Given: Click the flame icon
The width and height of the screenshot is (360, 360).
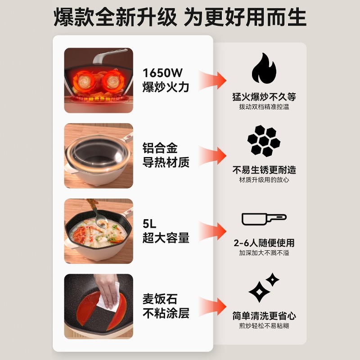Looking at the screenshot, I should point(264,69).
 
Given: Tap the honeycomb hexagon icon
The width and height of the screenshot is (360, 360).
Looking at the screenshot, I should point(264,141).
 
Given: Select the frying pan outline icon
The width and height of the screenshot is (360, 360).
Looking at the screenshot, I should point(264,219).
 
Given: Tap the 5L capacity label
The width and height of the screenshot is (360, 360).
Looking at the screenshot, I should point(149,223).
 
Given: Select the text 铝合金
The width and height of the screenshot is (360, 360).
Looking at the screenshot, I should point(160,148).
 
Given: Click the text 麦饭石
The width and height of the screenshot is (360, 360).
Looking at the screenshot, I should point(160,298).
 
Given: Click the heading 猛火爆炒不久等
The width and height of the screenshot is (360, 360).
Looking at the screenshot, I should point(264,97).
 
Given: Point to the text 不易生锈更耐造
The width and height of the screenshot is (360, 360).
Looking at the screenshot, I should point(264,170).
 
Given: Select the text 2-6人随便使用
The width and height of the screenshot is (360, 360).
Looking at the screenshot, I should point(264,243).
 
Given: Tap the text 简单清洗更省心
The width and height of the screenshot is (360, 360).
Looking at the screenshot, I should point(264,316).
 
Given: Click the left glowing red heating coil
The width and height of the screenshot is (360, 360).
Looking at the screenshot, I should point(85,81).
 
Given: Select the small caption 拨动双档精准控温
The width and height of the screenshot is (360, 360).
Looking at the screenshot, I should point(264,107).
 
